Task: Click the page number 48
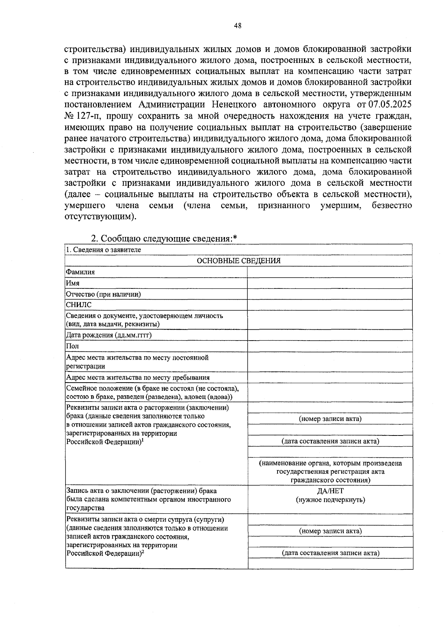click(x=238, y=26)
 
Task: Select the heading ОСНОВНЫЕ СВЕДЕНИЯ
click(x=238, y=261)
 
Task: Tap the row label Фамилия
click(x=80, y=272)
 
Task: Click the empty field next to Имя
click(x=330, y=283)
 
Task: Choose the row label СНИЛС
click(x=79, y=305)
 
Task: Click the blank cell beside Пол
click(x=330, y=346)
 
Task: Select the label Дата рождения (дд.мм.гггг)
click(x=109, y=335)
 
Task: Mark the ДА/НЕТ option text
click(x=330, y=491)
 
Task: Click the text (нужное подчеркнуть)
click(x=330, y=499)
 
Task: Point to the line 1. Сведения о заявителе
click(x=103, y=250)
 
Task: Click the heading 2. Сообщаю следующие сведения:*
click(x=164, y=238)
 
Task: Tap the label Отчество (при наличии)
click(x=103, y=294)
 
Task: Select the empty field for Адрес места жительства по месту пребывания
click(x=330, y=377)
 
